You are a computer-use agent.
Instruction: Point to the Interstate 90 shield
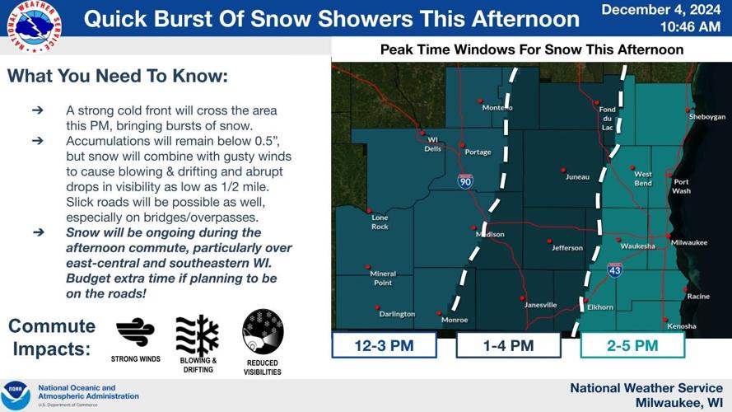coord(465,180)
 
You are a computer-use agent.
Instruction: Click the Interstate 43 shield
coord(614,269)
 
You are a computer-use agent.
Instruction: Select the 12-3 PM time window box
coord(385,345)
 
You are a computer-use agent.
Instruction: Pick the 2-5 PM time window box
coord(632,345)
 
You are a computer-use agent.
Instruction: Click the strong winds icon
coord(135,332)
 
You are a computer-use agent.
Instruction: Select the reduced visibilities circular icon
coord(263,331)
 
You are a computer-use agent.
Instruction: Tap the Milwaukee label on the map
coord(689,242)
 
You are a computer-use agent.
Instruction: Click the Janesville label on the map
coord(540,305)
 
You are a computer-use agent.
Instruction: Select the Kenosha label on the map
coord(682,325)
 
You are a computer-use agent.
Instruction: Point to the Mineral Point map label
coord(383,278)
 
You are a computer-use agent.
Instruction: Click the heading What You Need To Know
coord(117,77)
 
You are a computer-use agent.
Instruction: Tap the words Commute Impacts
coord(51,337)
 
